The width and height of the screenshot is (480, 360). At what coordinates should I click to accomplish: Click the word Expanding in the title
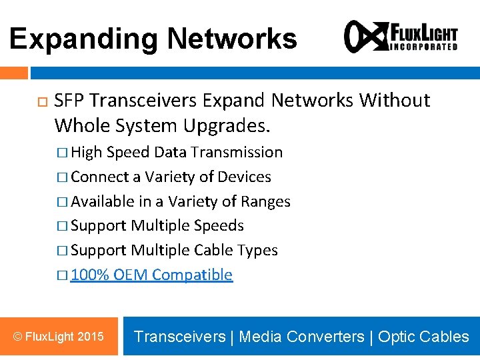[84, 39]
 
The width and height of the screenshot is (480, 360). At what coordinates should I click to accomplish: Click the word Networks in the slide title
[232, 39]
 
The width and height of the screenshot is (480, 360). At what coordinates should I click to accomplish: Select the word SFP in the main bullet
[69, 101]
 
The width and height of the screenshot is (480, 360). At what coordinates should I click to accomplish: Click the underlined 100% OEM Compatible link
[151, 275]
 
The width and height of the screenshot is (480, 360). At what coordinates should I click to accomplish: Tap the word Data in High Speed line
[170, 152]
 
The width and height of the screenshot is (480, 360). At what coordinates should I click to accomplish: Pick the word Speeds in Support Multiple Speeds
[219, 226]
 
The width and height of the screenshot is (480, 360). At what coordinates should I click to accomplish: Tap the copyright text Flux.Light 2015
[58, 337]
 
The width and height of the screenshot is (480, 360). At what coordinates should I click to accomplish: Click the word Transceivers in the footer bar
[179, 337]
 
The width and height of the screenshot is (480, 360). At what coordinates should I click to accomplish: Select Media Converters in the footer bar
[301, 337]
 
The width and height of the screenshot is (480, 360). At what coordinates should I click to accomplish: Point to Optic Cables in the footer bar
[423, 337]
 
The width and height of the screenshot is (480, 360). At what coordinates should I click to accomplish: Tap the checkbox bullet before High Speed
[61, 153]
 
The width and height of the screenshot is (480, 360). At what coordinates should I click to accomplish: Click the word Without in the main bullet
[395, 101]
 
